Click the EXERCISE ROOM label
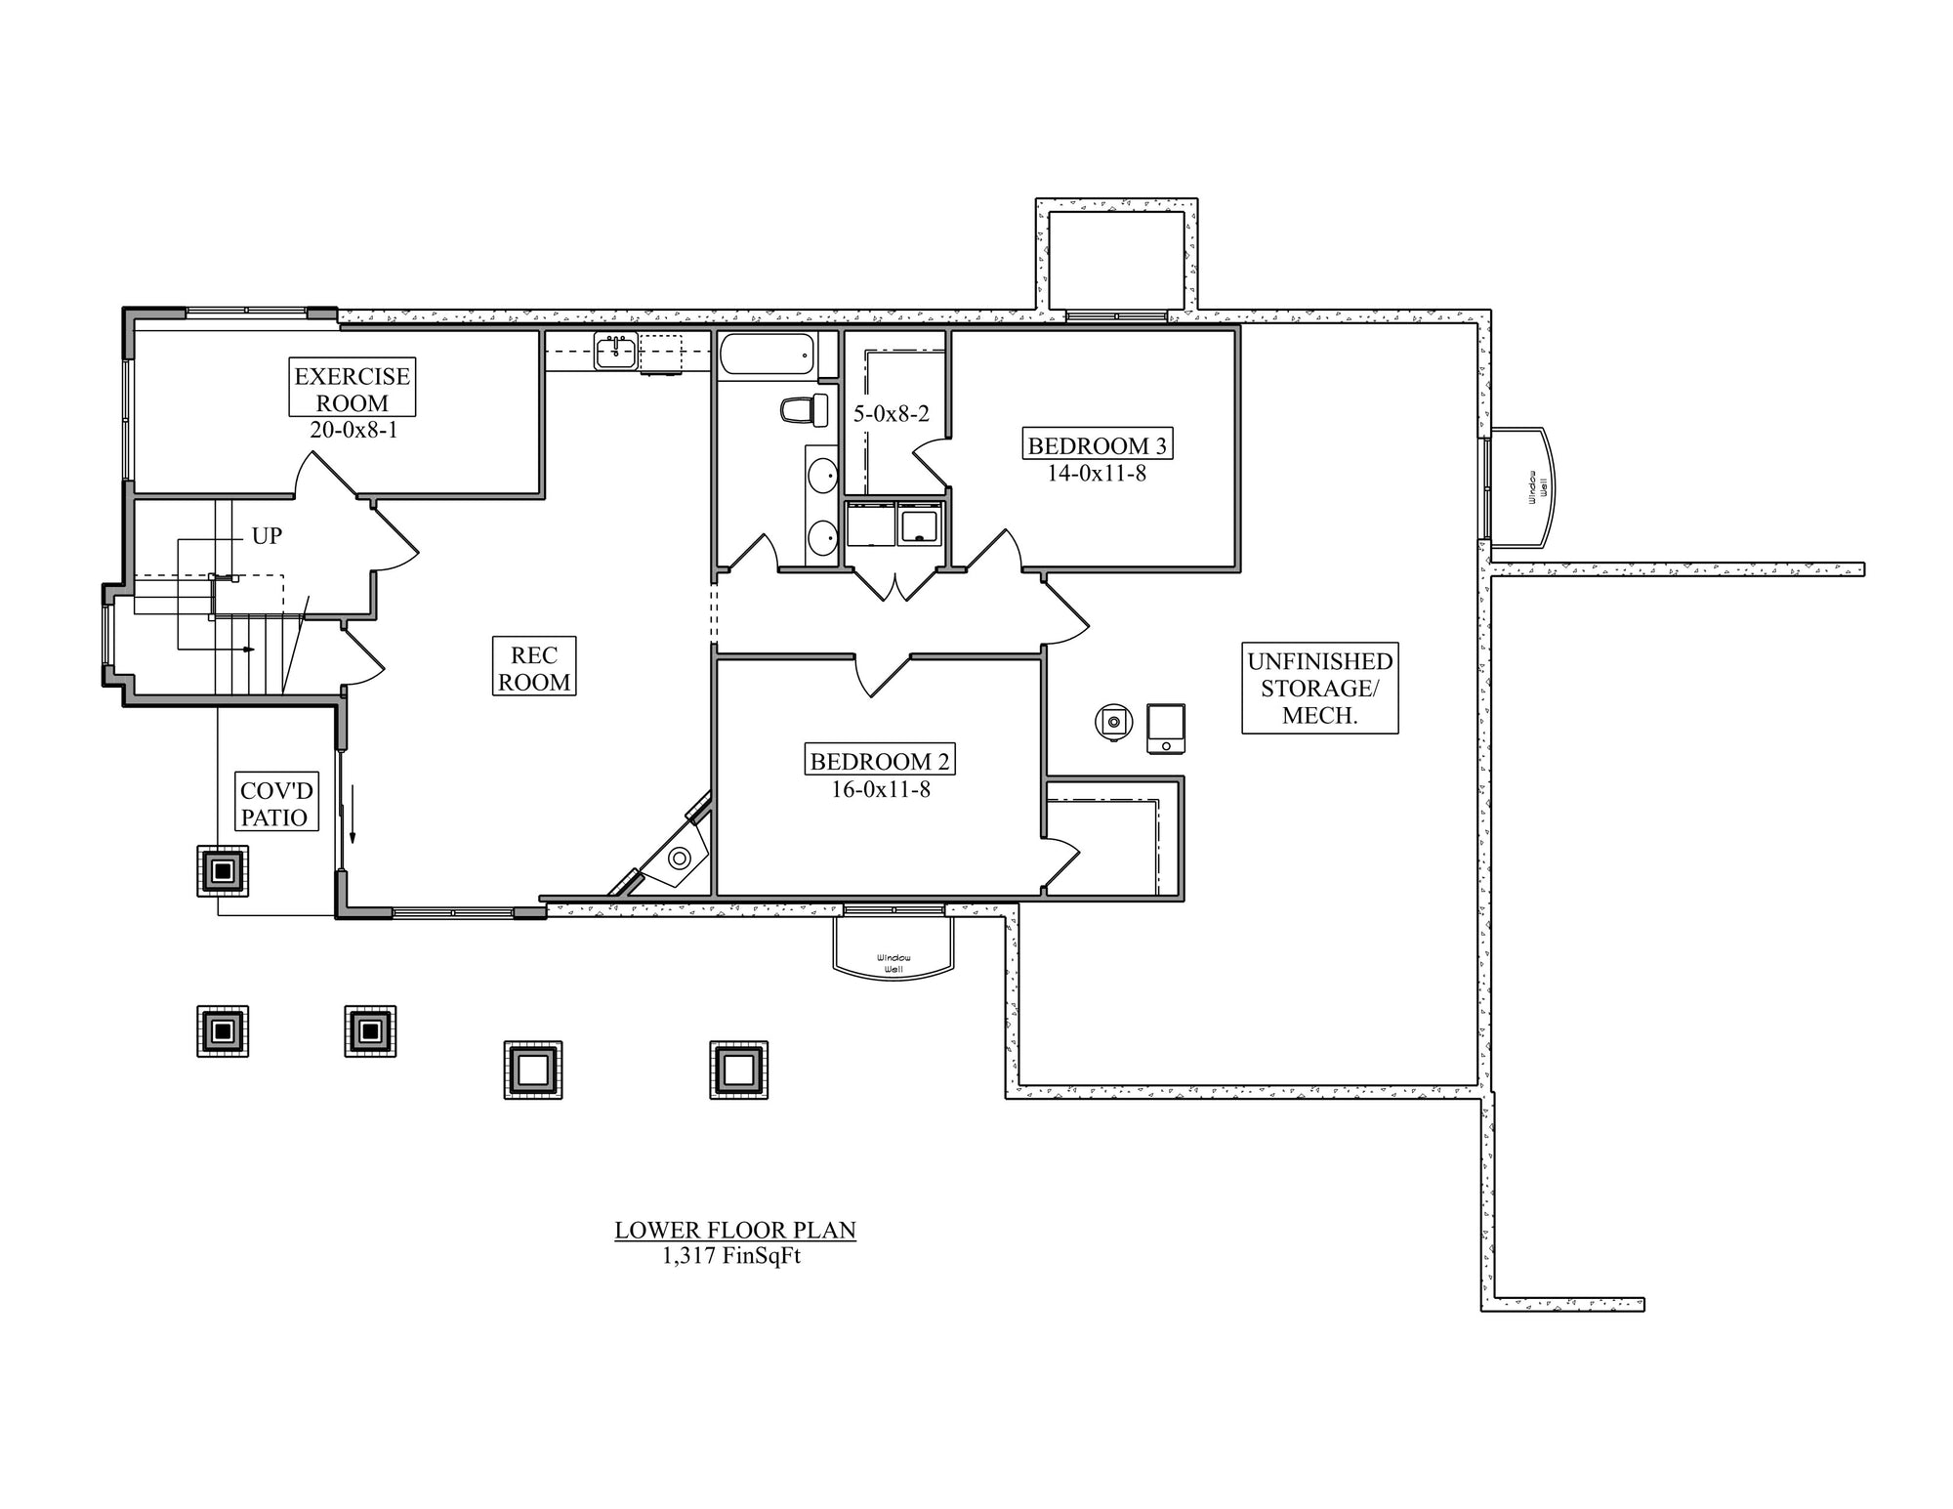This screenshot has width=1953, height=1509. pyautogui.click(x=353, y=389)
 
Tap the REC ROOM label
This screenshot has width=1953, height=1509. pyautogui.click(x=533, y=668)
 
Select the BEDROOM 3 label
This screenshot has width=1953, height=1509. pyautogui.click(x=1097, y=445)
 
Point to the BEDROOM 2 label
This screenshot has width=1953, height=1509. pyautogui.click(x=879, y=761)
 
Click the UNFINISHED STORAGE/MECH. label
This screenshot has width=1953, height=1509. pyautogui.click(x=1319, y=688)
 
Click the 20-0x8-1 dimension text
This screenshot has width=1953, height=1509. pyautogui.click(x=353, y=430)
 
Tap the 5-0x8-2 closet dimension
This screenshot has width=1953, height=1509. pyautogui.click(x=892, y=413)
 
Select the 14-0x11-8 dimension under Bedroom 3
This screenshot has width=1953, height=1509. pyautogui.click(x=1097, y=474)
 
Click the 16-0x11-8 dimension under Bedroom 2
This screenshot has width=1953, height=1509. pyautogui.click(x=881, y=789)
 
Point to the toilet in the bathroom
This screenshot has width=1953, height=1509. pyautogui.click(x=804, y=410)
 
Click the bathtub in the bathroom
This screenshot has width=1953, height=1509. pyautogui.click(x=768, y=354)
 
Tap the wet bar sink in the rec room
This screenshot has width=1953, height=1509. pyautogui.click(x=615, y=351)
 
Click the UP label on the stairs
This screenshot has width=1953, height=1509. pyautogui.click(x=267, y=535)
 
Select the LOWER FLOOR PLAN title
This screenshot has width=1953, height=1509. pyautogui.click(x=735, y=1230)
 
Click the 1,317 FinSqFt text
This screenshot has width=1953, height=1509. pyautogui.click(x=731, y=1256)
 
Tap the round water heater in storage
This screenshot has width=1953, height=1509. pyautogui.click(x=1112, y=723)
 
